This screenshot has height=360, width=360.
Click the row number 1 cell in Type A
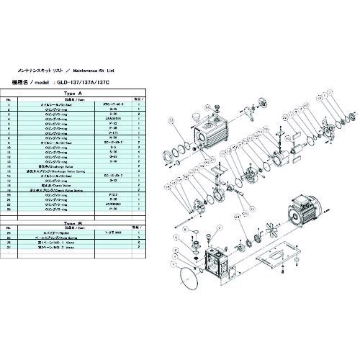point(8,104)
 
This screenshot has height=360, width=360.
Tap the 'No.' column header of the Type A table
point(8,99)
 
